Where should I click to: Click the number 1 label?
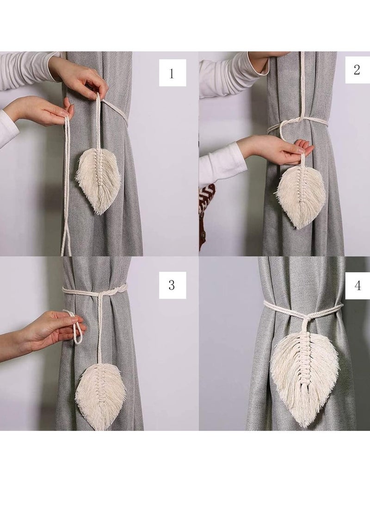[x=172, y=73]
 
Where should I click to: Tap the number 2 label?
[x=357, y=70]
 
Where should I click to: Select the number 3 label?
[x=172, y=285]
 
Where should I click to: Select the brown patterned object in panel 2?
[x=206, y=204]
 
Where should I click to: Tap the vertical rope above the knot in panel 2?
[x=302, y=88]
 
